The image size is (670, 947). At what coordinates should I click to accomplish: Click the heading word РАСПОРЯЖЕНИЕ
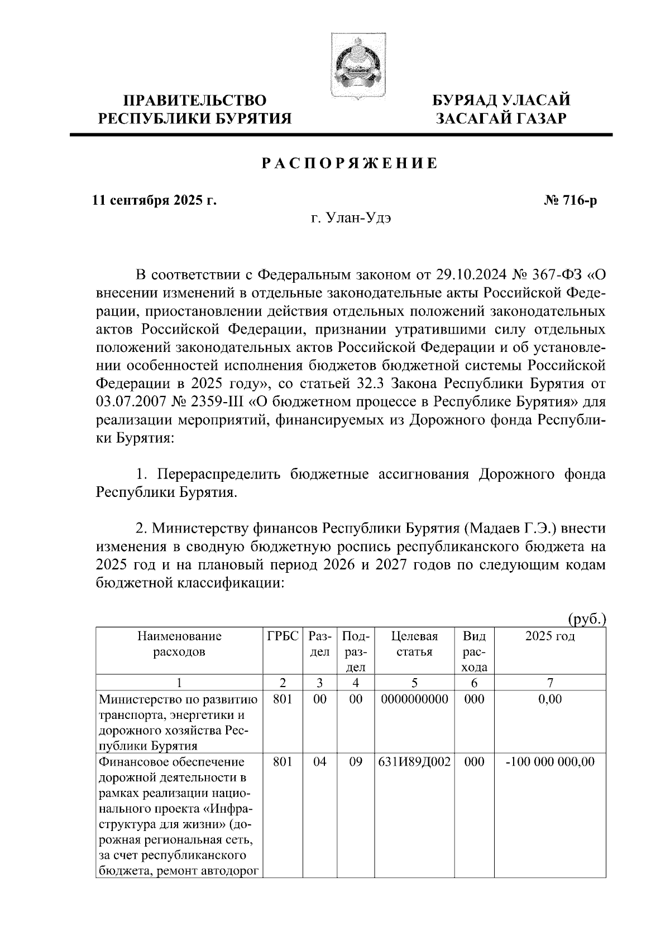click(x=350, y=163)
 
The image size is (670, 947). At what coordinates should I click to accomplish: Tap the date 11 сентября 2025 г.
click(x=155, y=200)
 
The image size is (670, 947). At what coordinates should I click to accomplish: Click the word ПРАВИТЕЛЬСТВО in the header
click(x=195, y=100)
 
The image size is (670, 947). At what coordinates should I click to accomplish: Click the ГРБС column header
click(x=283, y=636)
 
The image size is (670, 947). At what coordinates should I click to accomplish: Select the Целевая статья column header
click(x=414, y=644)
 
